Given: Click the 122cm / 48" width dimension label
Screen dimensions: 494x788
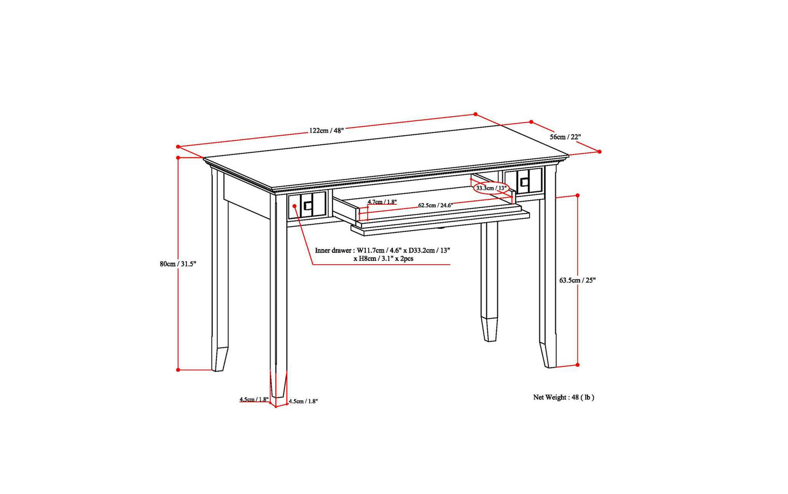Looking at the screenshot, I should pos(326,130).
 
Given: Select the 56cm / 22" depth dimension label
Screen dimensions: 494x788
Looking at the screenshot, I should pos(565,136).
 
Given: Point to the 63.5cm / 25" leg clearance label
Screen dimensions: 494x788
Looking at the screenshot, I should pos(578,280).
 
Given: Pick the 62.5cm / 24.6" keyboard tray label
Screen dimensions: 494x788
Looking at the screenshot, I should pos(435,205).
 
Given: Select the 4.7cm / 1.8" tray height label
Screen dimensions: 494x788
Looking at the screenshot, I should pos(382,201).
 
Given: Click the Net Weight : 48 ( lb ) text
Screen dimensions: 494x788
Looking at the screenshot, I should pos(563,397).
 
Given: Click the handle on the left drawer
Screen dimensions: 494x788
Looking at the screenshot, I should pos(308,206).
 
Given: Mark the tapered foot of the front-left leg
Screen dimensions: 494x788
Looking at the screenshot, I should pos(278,385).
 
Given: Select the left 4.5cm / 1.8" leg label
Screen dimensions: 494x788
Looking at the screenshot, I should pos(254,399).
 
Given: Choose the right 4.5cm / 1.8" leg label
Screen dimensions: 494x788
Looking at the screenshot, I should pos(303,401).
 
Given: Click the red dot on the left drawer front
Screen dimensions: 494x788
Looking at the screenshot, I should pos(294,206).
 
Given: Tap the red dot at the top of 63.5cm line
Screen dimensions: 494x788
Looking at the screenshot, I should pos(578,195).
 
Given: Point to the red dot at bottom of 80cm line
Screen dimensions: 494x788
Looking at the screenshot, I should pos(178,370).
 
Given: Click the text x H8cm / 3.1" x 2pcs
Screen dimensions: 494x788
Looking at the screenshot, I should pos(383,259).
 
